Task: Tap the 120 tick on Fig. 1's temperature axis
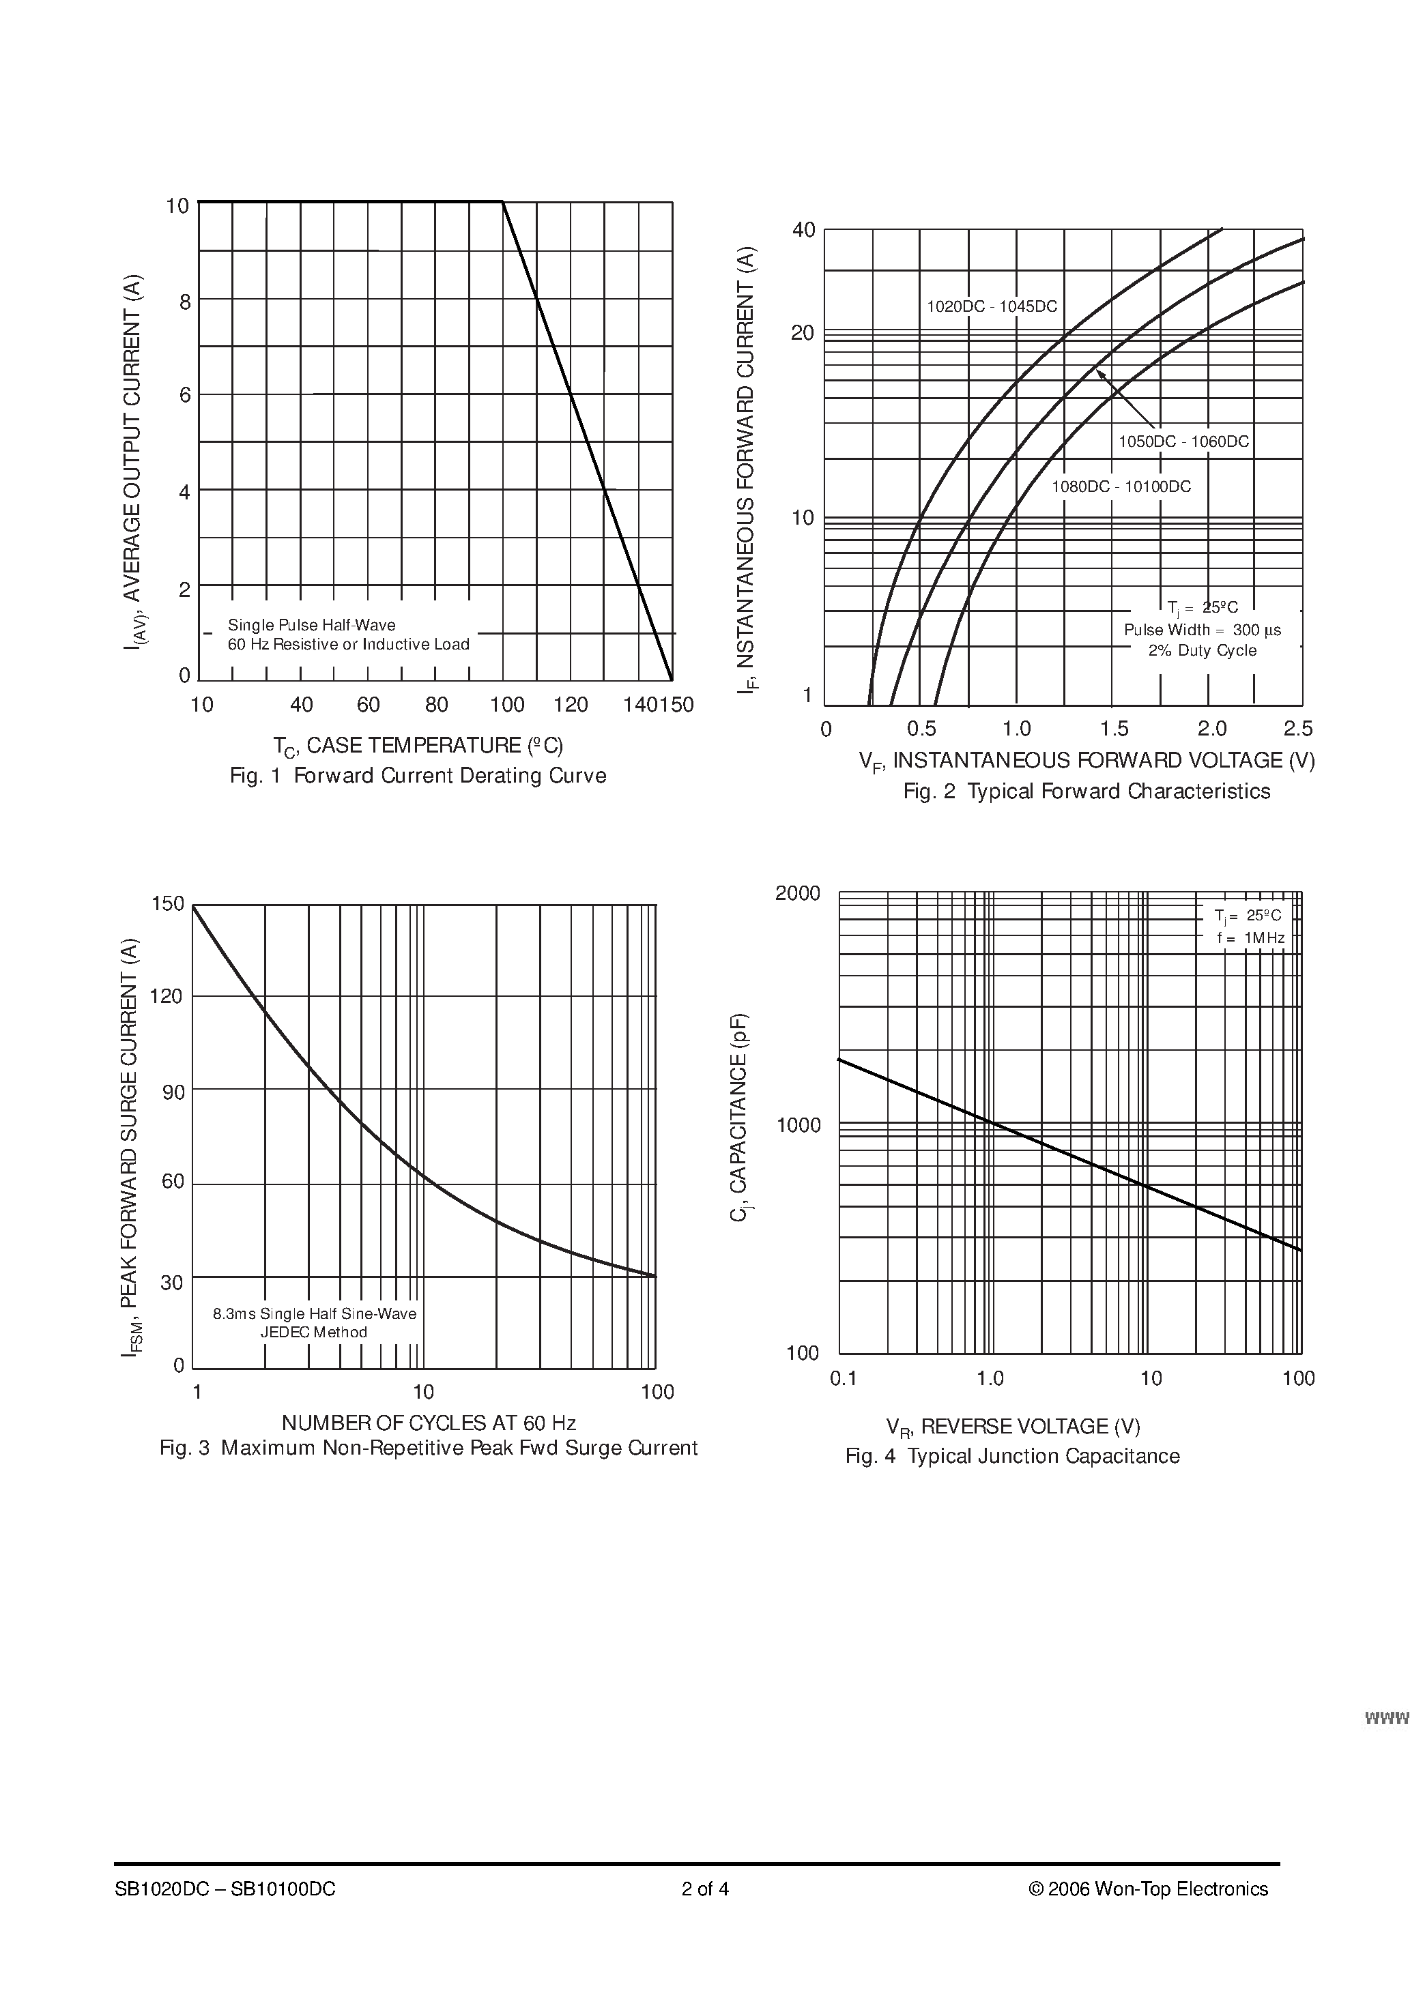(571, 705)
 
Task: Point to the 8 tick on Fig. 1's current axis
(185, 302)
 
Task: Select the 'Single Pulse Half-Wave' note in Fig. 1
(311, 625)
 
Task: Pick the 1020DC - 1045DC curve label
(992, 307)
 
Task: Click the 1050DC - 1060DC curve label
(1183, 441)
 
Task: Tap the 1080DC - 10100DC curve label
(1121, 486)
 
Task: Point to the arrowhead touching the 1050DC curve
(1099, 373)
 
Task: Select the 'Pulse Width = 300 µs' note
(1203, 630)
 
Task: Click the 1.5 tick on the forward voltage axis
(1114, 729)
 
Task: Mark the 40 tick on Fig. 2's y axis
(803, 230)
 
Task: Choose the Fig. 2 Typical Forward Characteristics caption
(1087, 791)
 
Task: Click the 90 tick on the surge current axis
(174, 1092)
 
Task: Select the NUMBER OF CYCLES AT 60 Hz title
(429, 1423)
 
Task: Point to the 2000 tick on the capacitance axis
(797, 893)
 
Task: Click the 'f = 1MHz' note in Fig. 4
(1250, 937)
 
